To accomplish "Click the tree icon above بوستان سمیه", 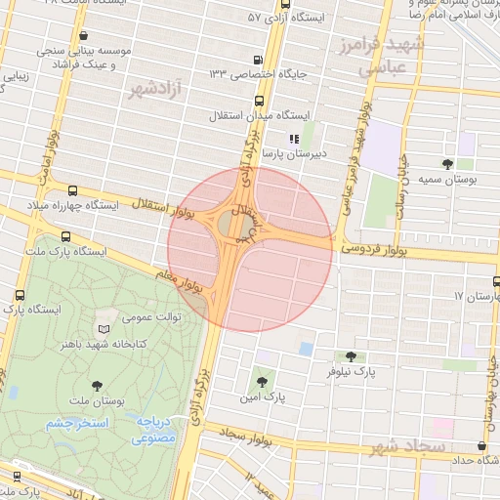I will point(447,164).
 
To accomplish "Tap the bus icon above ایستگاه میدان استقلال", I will point(259,100).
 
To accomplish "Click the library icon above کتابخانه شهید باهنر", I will point(104,329).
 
